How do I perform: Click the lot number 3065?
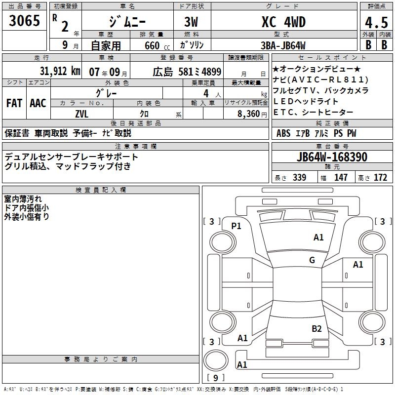click(x=25, y=22)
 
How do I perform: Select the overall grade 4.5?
click(x=375, y=23)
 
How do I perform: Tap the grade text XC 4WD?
click(x=283, y=22)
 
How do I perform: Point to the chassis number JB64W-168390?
click(x=332, y=157)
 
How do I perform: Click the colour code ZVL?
click(x=81, y=113)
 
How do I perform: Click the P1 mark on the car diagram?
click(x=237, y=226)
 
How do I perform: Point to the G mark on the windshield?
click(x=312, y=260)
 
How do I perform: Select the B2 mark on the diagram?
click(x=317, y=328)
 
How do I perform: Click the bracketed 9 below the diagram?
click(x=215, y=378)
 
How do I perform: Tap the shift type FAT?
click(x=14, y=103)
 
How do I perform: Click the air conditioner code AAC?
click(x=38, y=103)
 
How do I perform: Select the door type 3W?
click(x=192, y=23)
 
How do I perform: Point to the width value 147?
click(x=341, y=178)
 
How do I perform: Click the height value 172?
click(x=380, y=178)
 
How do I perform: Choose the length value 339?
click(x=299, y=178)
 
